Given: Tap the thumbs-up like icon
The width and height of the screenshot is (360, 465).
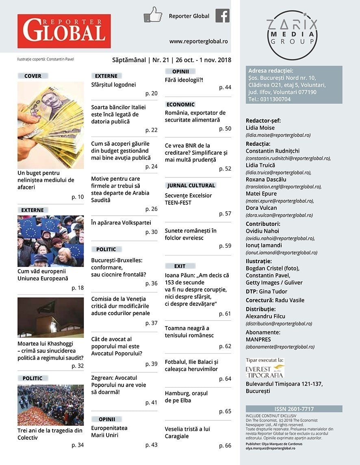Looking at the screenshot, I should [153, 15].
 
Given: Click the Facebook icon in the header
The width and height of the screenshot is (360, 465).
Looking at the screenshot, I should [222, 16].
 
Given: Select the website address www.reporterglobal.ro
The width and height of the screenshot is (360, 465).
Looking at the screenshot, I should [198, 41].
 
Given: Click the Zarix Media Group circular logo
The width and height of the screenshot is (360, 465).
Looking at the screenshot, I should [292, 35].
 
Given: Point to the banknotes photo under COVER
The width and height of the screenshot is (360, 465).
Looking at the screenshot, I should [51, 125].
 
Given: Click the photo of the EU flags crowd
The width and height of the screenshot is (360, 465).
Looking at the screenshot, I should [51, 241].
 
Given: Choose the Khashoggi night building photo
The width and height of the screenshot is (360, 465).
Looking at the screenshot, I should [51, 317].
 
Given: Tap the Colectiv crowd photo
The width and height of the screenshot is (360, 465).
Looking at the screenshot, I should [51, 405].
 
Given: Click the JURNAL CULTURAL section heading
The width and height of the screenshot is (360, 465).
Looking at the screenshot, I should [191, 186].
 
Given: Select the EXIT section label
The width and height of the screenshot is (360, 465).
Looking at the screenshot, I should [180, 266].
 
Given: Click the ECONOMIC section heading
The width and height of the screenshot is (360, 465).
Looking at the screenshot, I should [181, 104].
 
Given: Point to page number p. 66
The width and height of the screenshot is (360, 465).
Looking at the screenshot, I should [225, 446].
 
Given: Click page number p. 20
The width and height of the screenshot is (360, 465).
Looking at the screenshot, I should [151, 93].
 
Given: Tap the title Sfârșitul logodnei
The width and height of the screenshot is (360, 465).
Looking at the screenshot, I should [113, 85].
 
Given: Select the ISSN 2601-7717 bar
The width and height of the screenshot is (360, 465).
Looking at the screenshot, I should [294, 409].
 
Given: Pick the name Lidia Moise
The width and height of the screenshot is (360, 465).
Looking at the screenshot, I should [260, 128].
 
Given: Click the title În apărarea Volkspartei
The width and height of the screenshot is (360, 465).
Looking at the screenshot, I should [121, 223].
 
